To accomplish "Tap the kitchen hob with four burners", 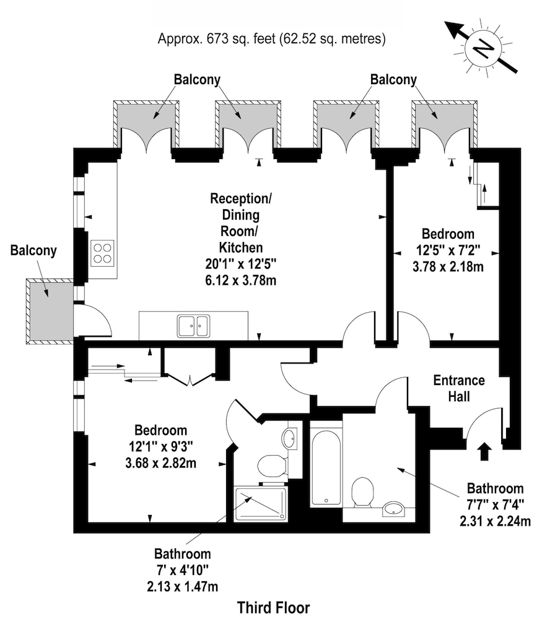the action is tap(102, 253).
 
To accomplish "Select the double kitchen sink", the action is tap(193, 326).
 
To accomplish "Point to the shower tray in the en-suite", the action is tap(261, 504).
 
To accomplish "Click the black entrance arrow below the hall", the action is tap(484, 452).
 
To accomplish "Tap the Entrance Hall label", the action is tap(459, 388).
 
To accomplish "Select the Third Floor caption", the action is tap(273, 607).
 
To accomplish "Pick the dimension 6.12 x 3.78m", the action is tap(240, 280).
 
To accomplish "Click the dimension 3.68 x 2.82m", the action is tap(161, 462).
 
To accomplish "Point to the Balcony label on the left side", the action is tap(33, 251).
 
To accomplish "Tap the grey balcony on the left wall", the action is tap(50, 309).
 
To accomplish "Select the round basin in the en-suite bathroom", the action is tap(289, 438).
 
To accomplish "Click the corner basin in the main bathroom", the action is tap(394, 509).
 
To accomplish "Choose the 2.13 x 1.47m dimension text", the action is tap(183, 587).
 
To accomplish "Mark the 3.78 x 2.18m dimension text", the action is tap(448, 267).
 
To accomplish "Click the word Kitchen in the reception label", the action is tap(240, 248).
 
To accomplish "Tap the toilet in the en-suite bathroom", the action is tap(272, 466).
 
